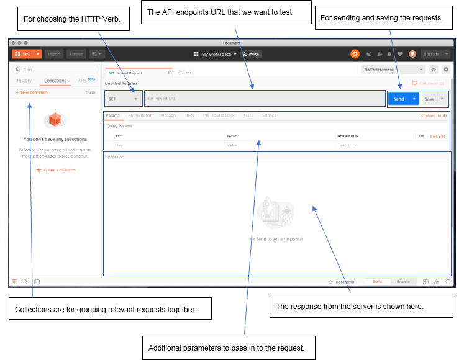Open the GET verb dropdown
123,99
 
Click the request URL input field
265,99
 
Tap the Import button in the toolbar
54,54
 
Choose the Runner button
76,54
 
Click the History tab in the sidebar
24,81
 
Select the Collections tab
55,81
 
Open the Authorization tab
140,115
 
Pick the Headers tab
169,115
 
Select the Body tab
189,115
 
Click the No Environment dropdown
394,70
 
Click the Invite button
252,54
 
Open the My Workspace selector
215,54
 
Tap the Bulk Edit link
438,136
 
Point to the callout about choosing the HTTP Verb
76,19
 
